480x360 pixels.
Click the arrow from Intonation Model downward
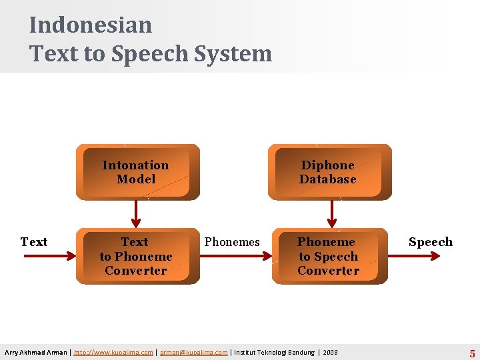coord(136,213)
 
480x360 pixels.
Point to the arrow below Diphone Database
coord(331,213)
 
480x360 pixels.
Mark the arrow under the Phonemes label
coord(233,256)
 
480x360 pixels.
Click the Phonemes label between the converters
coord(232,242)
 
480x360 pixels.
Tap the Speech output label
coord(430,242)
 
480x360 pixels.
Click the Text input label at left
coord(34,242)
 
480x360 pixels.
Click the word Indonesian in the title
coord(91,25)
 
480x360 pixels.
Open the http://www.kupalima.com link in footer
coord(113,352)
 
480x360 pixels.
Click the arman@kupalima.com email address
coord(193,352)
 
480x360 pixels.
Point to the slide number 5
coord(472,353)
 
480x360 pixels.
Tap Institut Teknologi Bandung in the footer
coord(274,352)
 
